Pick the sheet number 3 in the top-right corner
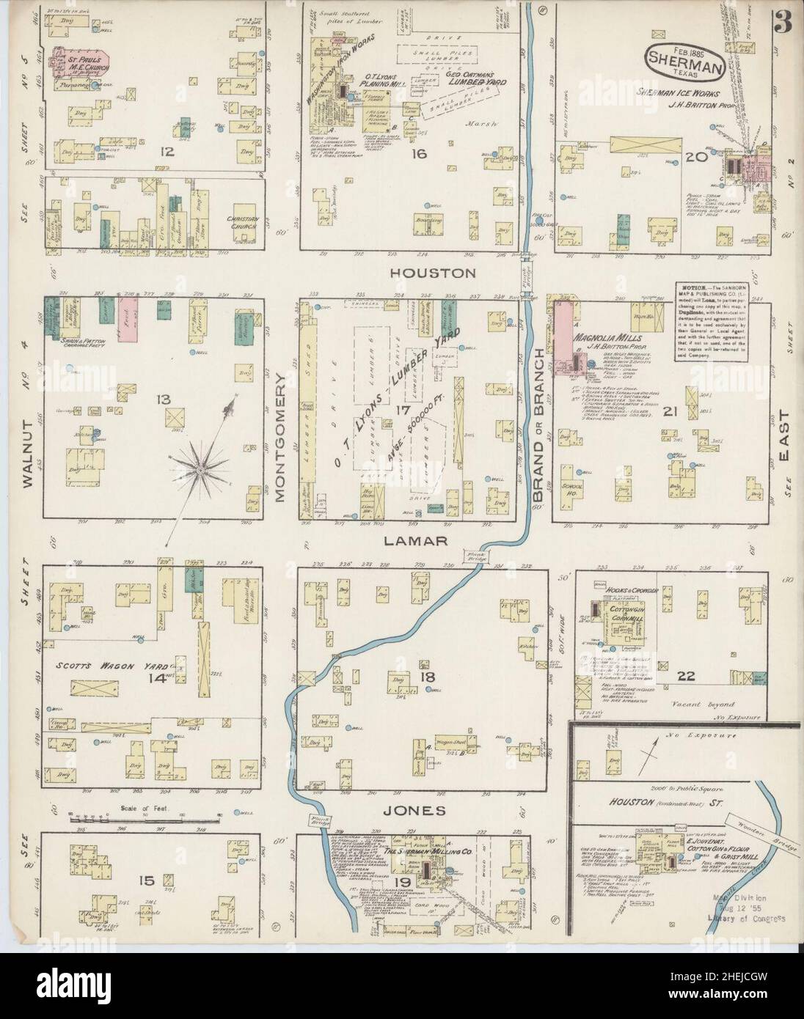pyautogui.click(x=783, y=23)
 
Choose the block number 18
pyautogui.click(x=424, y=666)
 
